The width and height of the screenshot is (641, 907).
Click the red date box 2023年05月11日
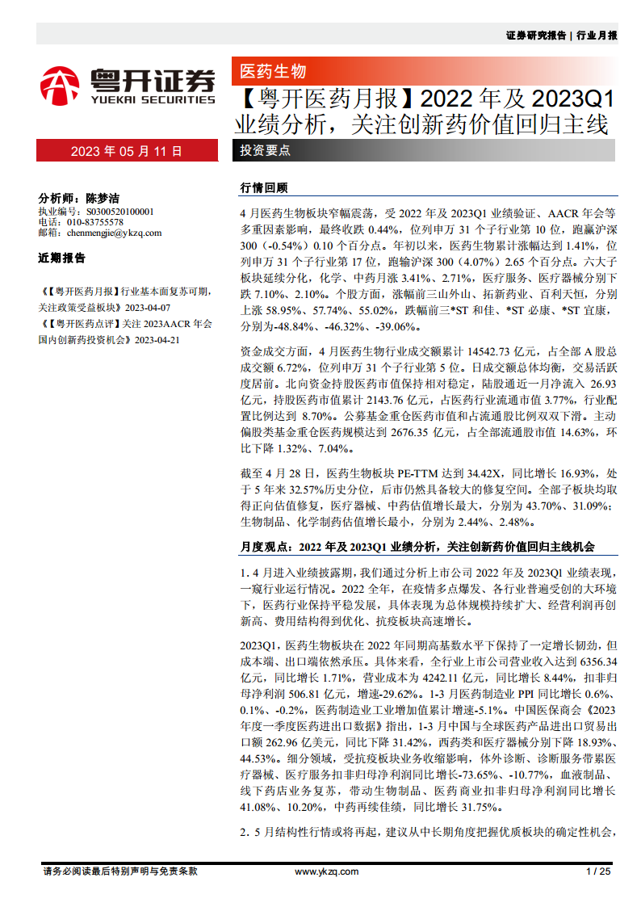point(127,151)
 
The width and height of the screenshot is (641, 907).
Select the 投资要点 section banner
point(266,150)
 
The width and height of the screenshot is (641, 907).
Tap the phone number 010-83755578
point(94,222)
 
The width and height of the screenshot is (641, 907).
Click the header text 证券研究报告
point(536,36)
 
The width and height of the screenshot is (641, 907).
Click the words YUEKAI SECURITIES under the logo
point(153,99)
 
